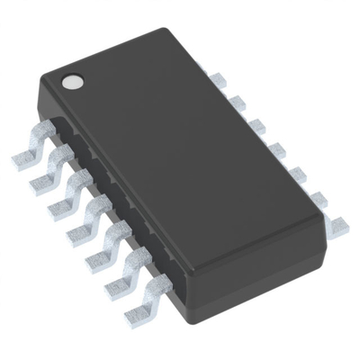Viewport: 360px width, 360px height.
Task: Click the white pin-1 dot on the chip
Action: [71, 82]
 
